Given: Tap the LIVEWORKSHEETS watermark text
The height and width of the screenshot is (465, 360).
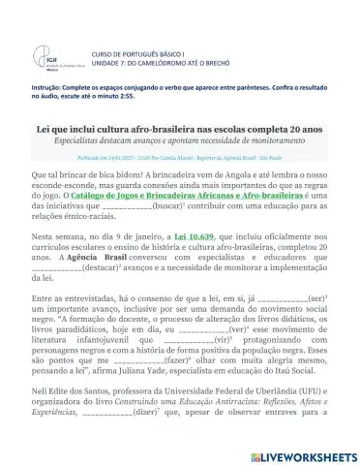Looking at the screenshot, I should coord(299,450).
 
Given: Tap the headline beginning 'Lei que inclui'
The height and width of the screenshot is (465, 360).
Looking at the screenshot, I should coord(180,128).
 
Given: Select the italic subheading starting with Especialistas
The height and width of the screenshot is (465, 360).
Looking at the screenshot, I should coord(180,140).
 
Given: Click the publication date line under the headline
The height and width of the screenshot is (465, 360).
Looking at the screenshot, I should coord(180,155).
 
